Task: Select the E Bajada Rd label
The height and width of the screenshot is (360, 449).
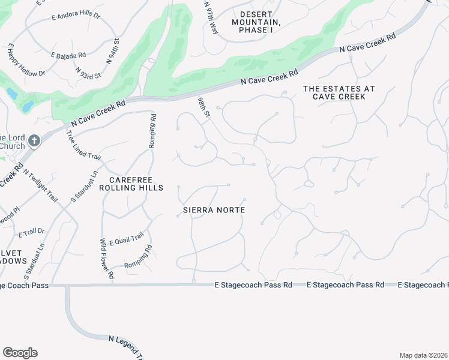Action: pos(68,55)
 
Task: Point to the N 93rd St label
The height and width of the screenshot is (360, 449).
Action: pos(88,71)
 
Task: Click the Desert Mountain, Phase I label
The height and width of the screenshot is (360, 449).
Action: pos(261,22)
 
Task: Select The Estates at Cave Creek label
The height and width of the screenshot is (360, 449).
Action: pos(339,93)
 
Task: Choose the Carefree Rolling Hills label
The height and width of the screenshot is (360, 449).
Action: pos(136,184)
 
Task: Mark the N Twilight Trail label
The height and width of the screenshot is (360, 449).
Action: pos(41,185)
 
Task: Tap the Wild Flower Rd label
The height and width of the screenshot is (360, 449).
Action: pos(106,258)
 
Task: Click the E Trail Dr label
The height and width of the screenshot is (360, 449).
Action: pos(32,232)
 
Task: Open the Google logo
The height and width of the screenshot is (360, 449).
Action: pos(20,353)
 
